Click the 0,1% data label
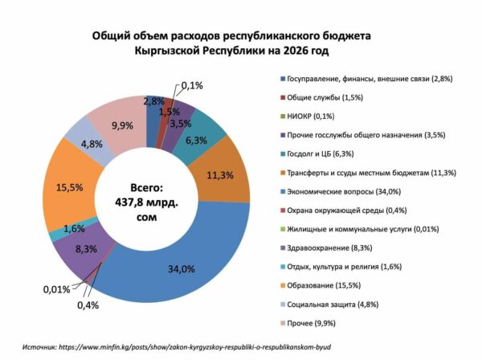tap(192, 84)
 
